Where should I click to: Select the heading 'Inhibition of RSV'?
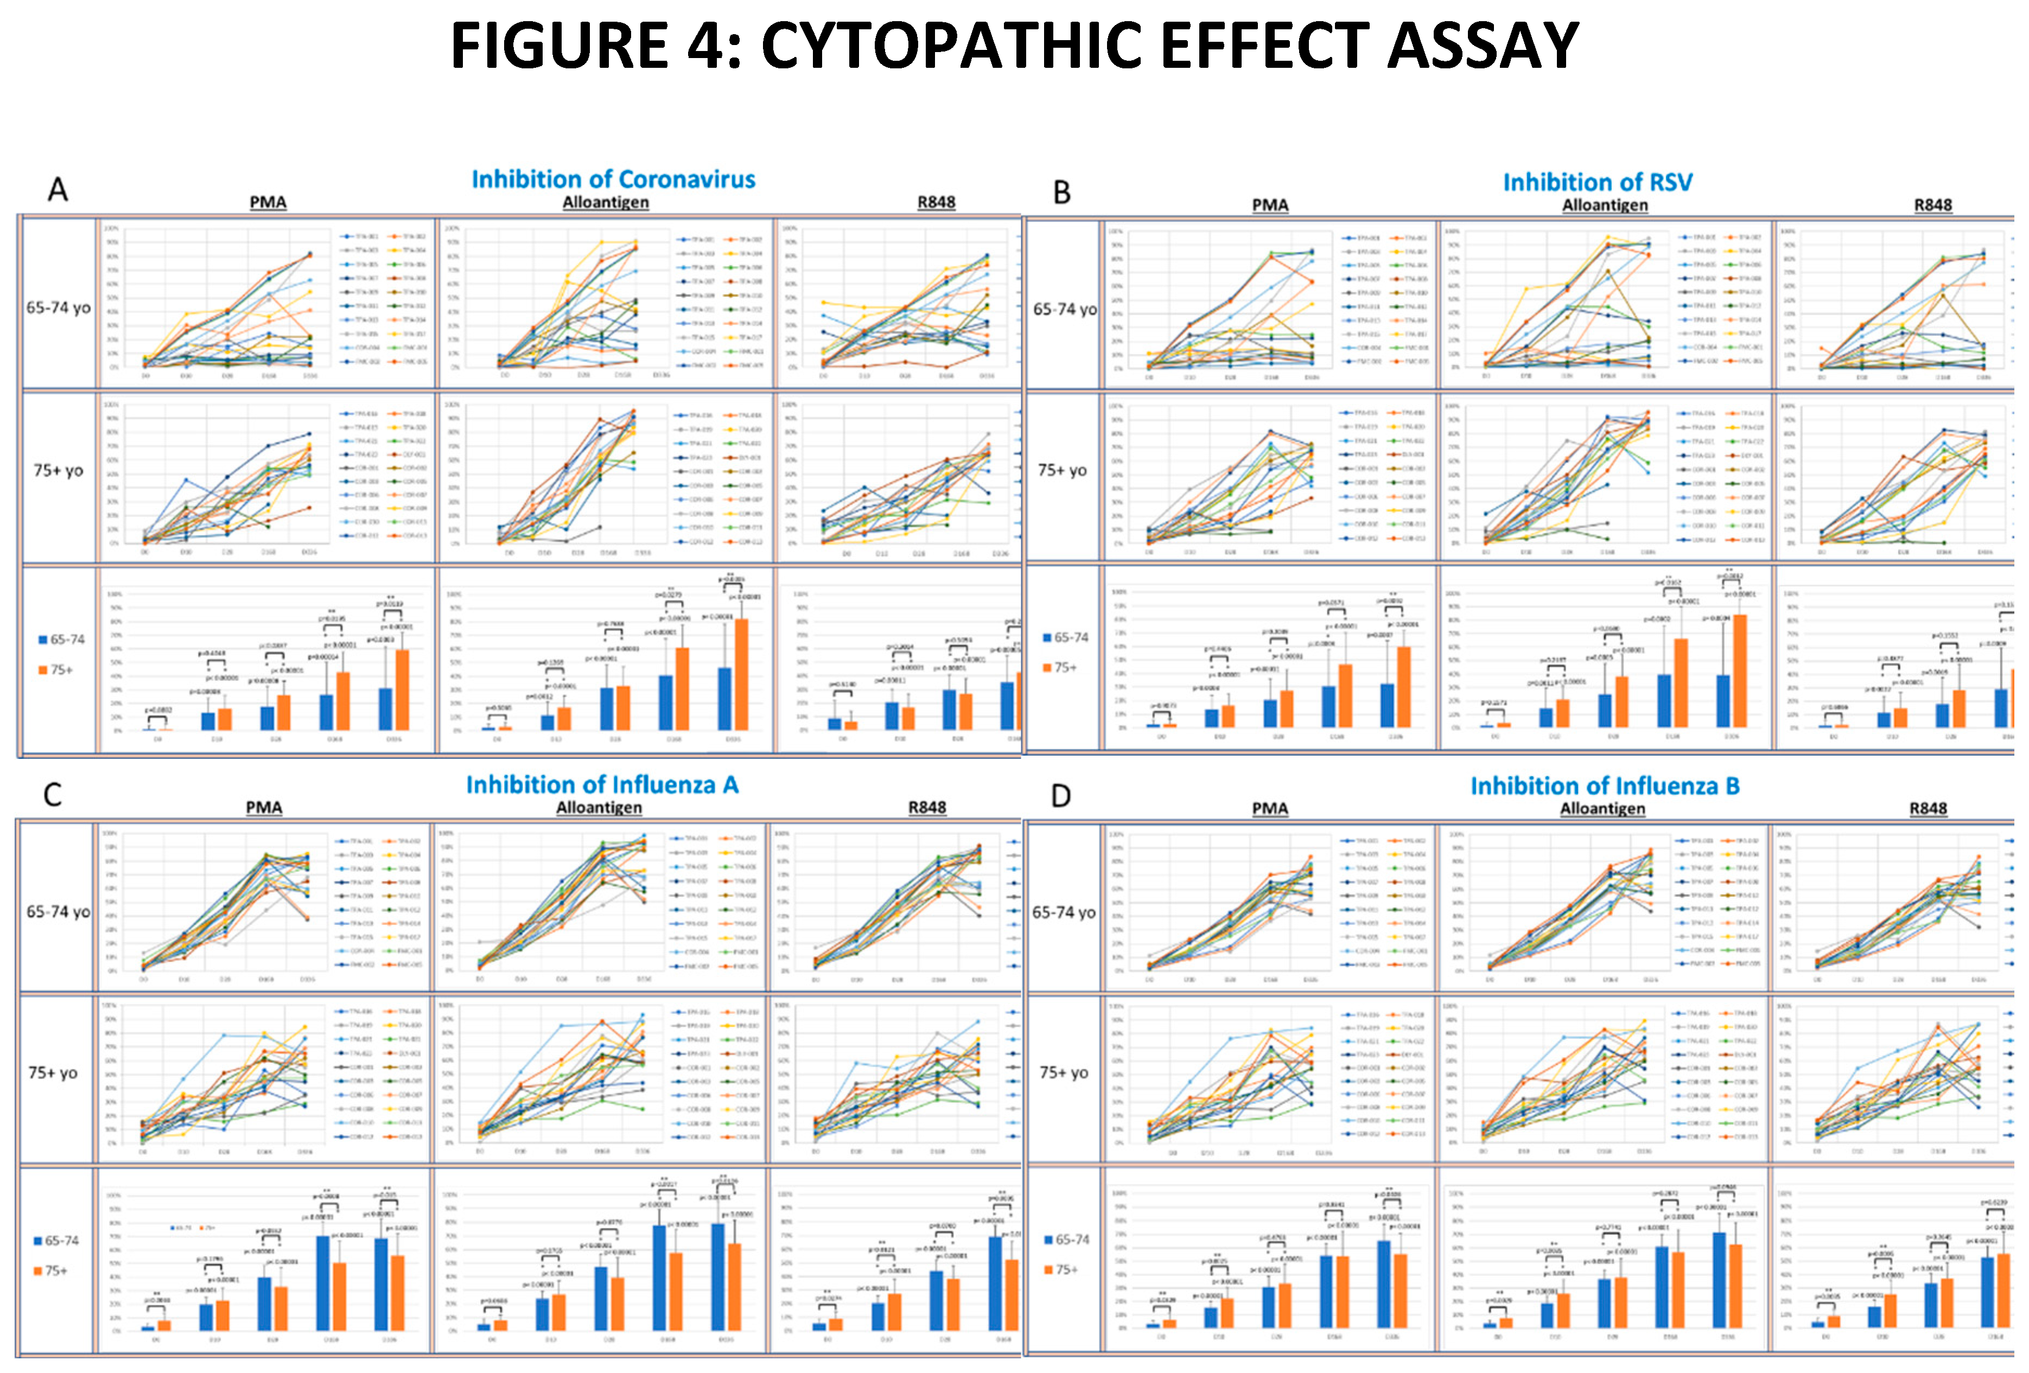point(1597,182)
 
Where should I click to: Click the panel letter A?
point(58,189)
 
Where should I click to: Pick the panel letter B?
point(1061,192)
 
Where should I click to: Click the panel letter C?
point(53,794)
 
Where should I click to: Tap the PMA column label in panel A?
point(268,202)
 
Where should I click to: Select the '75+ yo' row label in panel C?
point(53,1072)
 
